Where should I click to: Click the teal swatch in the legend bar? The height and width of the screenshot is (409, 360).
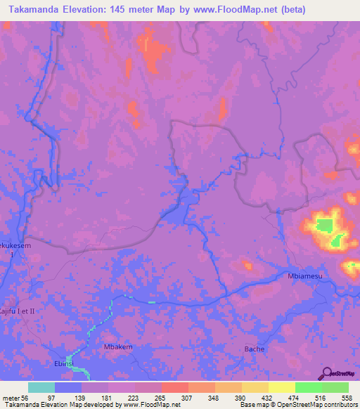coord(41,387)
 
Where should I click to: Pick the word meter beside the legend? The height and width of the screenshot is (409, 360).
coord(11,398)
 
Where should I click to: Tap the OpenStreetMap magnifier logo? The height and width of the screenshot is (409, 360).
coord(327,372)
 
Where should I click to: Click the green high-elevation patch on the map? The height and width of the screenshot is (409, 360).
coord(324,226)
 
